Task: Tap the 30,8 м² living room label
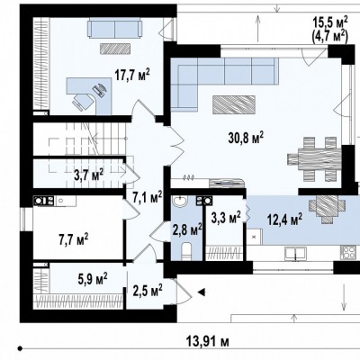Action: [x=246, y=138]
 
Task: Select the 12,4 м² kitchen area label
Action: [x=284, y=220]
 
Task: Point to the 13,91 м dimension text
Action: [x=208, y=341]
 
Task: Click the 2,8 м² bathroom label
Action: [x=187, y=230]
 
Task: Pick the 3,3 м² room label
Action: [x=226, y=218]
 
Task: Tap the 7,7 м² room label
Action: [x=73, y=239]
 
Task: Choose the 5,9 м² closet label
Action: [x=93, y=279]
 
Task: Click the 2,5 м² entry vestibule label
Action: [x=148, y=290]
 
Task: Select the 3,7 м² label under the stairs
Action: [x=89, y=175]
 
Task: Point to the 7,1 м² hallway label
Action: [x=148, y=198]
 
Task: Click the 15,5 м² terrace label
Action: [x=330, y=22]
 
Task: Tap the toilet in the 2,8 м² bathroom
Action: [x=186, y=250]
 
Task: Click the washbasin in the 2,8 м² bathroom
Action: [x=180, y=202]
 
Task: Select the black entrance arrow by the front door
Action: [x=201, y=292]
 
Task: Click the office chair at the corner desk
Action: [x=82, y=102]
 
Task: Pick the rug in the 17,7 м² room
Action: [x=115, y=49]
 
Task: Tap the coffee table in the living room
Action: [x=234, y=104]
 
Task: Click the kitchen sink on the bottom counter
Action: [x=295, y=254]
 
